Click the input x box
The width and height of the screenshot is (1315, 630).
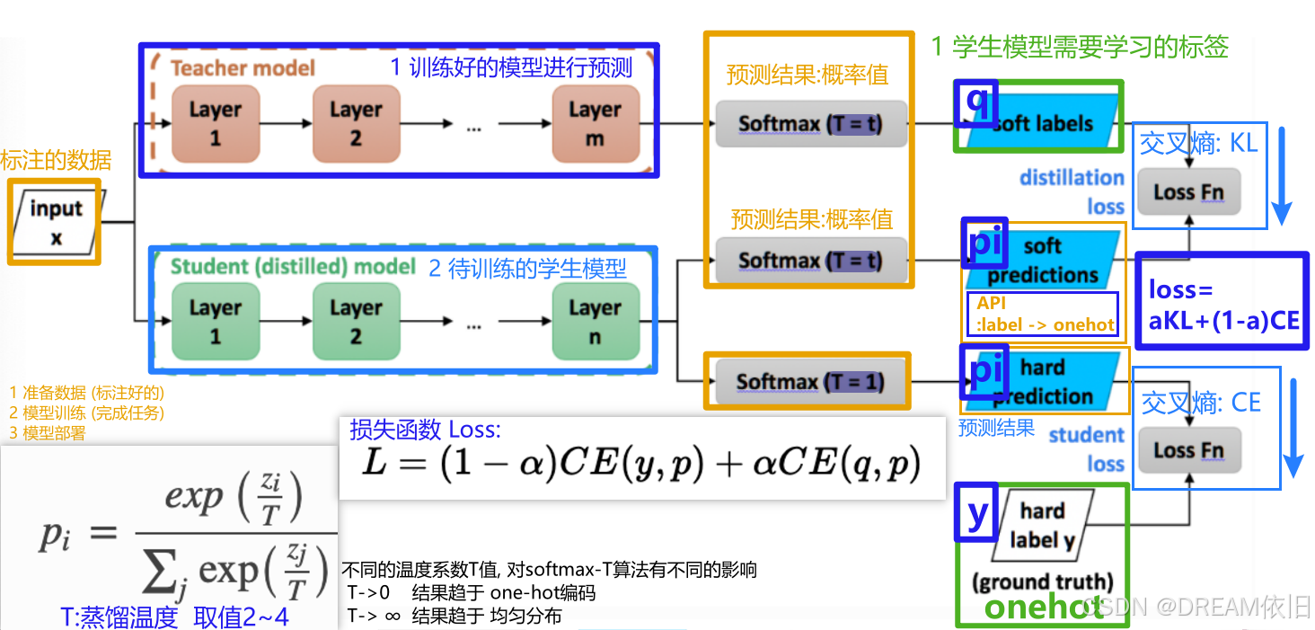pyautogui.click(x=56, y=221)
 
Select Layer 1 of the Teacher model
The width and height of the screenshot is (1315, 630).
pyautogui.click(x=215, y=123)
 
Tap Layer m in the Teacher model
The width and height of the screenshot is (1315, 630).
pyautogui.click(x=594, y=123)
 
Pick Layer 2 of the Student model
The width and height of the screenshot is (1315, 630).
pyautogui.click(x=355, y=321)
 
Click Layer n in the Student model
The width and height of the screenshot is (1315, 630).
pyautogui.click(x=594, y=321)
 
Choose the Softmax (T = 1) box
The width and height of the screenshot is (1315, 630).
pyautogui.click(x=809, y=382)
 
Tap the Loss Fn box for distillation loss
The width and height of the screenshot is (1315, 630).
pyautogui.click(x=1187, y=191)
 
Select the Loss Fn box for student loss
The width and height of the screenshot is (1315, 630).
pyautogui.click(x=1187, y=450)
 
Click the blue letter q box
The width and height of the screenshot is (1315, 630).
pyautogui.click(x=976, y=103)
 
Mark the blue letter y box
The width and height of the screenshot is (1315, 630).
pyautogui.click(x=977, y=513)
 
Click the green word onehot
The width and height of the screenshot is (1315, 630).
pyautogui.click(x=1043, y=608)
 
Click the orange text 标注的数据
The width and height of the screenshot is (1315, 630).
pyautogui.click(x=56, y=161)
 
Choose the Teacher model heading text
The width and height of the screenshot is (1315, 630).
pyautogui.click(x=243, y=68)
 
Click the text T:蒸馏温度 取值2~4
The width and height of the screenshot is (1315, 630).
pyautogui.click(x=174, y=617)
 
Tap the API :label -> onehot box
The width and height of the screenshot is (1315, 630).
pyautogui.click(x=1042, y=315)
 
